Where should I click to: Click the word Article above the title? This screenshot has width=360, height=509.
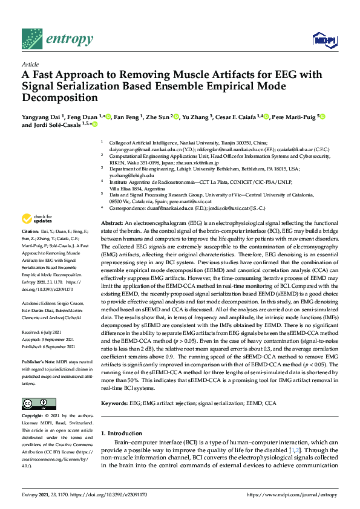tap(30, 64)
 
